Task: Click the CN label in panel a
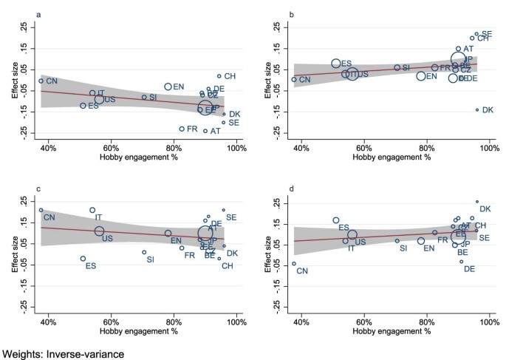[x=52, y=81]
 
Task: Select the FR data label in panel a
[x=192, y=129]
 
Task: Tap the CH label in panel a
[x=230, y=76]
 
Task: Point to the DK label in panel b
[x=488, y=110]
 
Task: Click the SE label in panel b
[x=487, y=34]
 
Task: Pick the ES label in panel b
[x=346, y=64]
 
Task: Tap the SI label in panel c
[x=150, y=259]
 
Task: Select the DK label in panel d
[x=485, y=210]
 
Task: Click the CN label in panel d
[x=301, y=271]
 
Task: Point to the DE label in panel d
[x=469, y=269]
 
